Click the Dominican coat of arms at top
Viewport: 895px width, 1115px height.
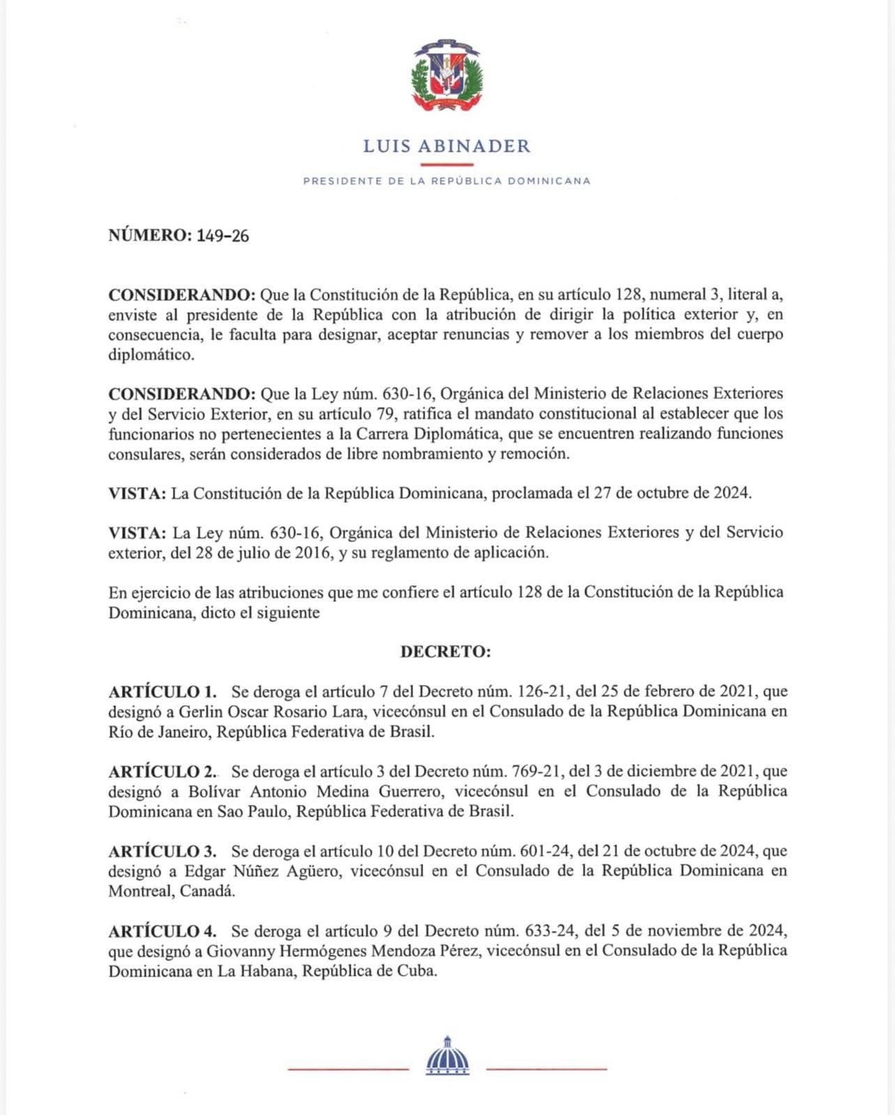(447, 75)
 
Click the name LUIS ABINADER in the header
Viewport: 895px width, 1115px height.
(447, 146)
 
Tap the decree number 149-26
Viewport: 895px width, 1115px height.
(222, 236)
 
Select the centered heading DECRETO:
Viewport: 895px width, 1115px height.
(445, 652)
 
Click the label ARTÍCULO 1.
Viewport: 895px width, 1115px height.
(162, 691)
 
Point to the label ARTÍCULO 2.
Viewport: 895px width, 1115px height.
(162, 771)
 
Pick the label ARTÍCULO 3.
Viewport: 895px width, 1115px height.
(162, 851)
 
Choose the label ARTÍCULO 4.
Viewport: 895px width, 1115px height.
(162, 931)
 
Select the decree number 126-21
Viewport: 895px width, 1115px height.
(544, 691)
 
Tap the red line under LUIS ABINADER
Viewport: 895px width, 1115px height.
(447, 164)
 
